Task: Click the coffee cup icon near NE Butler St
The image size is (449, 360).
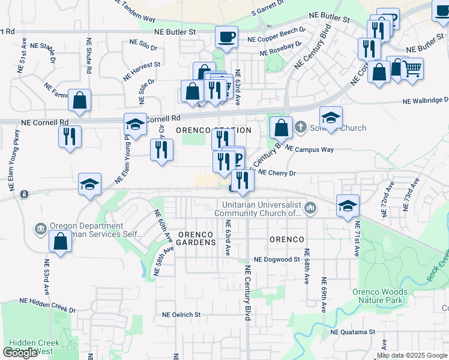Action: pos(226,37)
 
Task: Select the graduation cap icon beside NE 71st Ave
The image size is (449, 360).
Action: pos(348,206)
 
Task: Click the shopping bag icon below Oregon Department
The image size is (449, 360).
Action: pos(61,241)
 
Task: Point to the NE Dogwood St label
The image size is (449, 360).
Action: pos(276,259)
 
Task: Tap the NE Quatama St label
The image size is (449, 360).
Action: pos(352,331)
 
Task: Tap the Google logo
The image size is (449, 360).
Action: pos(20,352)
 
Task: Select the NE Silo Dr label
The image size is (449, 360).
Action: pos(143,44)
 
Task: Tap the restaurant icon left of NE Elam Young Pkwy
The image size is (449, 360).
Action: pos(70,137)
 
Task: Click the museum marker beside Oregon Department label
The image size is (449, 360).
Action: pos(41,229)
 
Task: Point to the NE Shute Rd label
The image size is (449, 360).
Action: pos(88,56)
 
